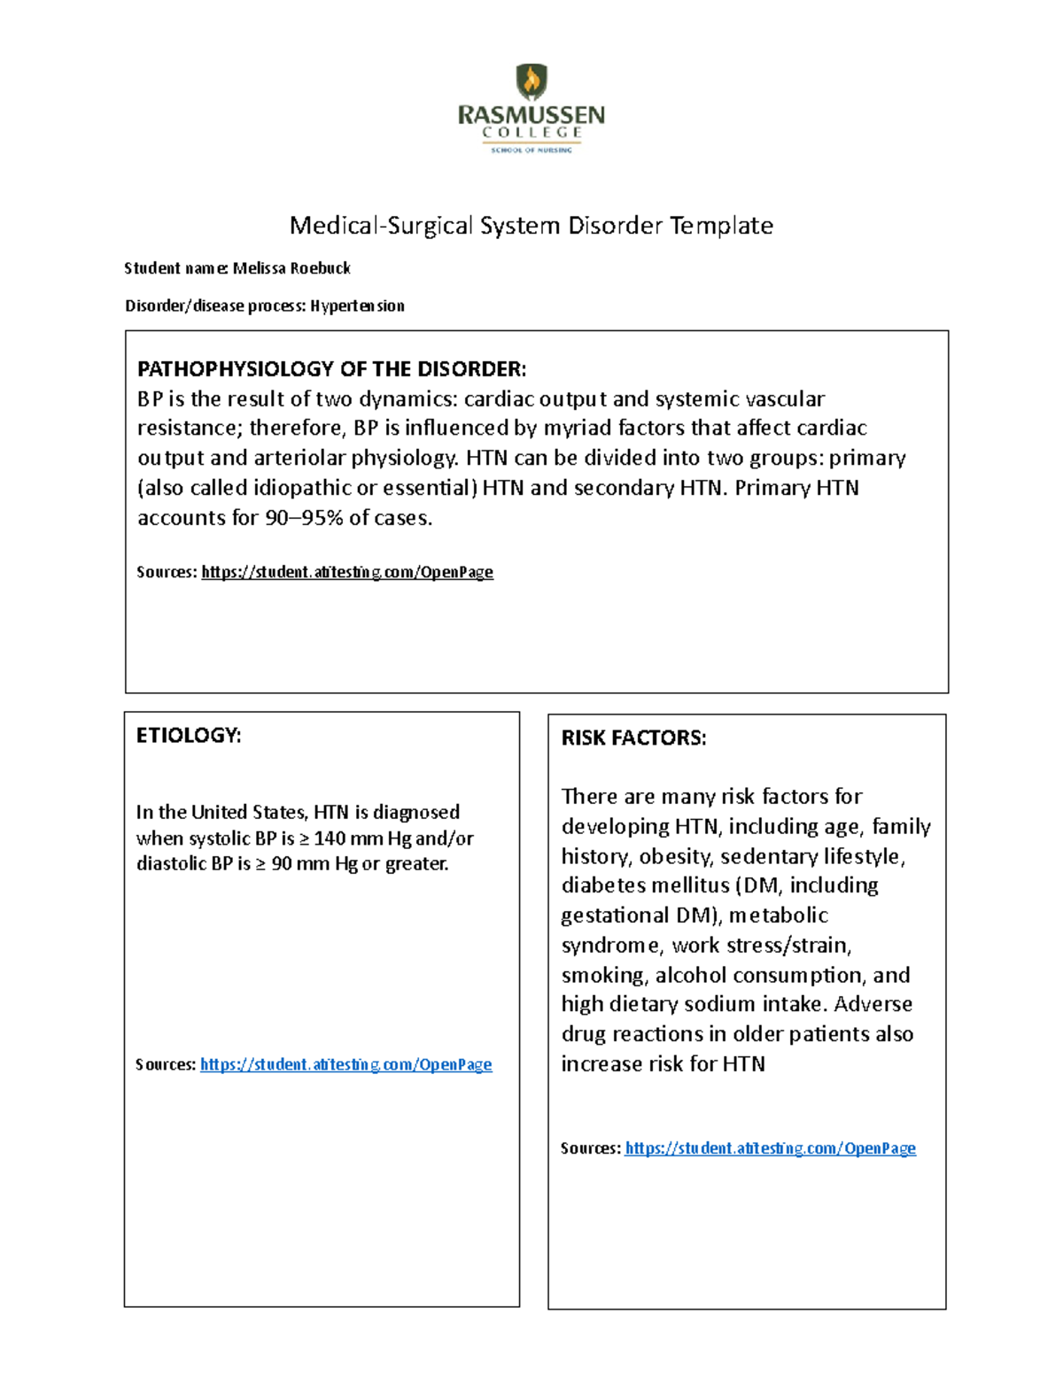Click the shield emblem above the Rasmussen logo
pyautogui.click(x=531, y=82)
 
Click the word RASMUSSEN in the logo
pyautogui.click(x=531, y=115)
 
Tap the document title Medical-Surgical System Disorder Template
pyautogui.click(x=531, y=226)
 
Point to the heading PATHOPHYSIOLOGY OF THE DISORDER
pyautogui.click(x=331, y=368)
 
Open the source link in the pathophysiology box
pyautogui.click(x=347, y=572)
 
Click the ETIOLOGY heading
pyautogui.click(x=188, y=736)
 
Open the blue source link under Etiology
pyautogui.click(x=345, y=1064)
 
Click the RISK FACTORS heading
pyautogui.click(x=634, y=738)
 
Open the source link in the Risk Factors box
pyautogui.click(x=770, y=1148)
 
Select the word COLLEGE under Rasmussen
pyautogui.click(x=531, y=133)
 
